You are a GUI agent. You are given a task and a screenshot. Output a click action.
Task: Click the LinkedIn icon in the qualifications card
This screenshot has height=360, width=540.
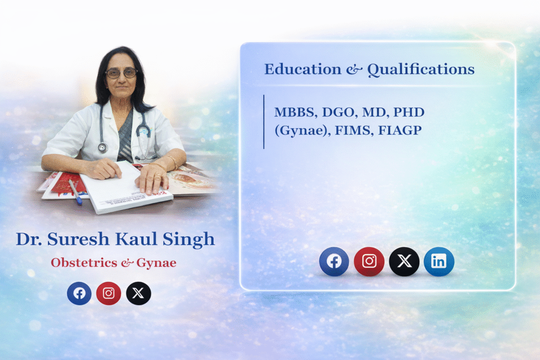coord(439,261)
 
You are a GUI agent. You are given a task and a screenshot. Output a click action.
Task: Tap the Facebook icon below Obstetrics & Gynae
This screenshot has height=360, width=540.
coord(79,294)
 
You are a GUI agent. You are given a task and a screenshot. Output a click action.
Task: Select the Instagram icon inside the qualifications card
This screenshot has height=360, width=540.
coord(369,261)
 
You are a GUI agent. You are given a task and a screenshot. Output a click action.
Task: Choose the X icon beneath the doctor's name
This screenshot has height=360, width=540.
coord(138,294)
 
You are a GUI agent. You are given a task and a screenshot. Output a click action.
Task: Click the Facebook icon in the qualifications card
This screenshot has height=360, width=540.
coord(334,261)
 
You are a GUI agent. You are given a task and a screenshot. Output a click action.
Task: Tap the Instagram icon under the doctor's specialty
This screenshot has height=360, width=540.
coord(109,294)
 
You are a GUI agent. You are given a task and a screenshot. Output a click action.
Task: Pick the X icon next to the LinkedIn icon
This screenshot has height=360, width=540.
coord(404,261)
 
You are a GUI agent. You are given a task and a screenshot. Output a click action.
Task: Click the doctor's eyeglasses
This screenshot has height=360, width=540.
coord(121,73)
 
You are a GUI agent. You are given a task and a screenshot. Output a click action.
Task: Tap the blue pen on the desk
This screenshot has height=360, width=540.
coord(75,192)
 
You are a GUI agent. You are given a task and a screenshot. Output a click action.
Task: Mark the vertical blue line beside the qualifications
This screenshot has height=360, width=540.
coord(264,122)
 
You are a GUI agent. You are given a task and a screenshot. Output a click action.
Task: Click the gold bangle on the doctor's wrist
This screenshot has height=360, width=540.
coord(171,161)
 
